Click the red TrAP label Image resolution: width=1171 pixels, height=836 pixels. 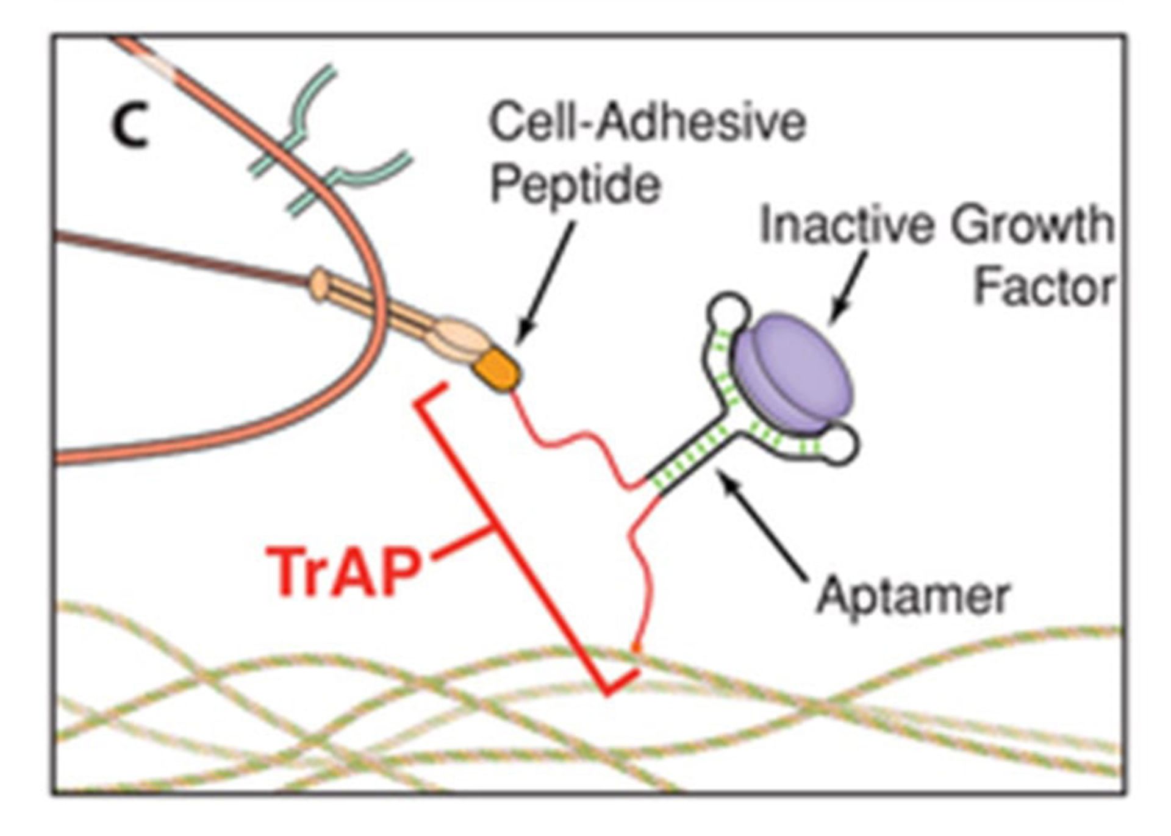click(344, 572)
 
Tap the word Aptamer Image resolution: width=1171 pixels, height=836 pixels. click(913, 596)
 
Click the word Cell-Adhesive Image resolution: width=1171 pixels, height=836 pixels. click(648, 123)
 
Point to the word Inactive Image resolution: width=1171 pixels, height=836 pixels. click(847, 225)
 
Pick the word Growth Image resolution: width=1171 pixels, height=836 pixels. click(1033, 225)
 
